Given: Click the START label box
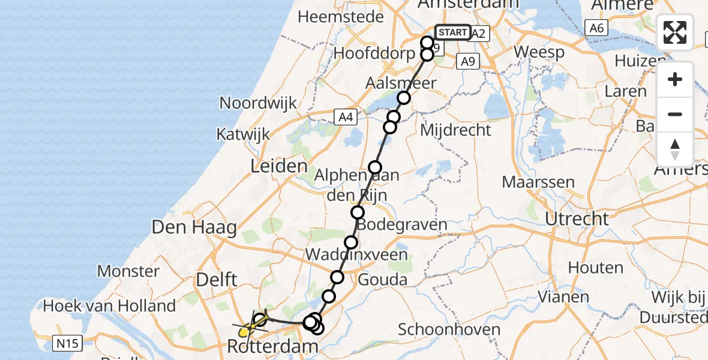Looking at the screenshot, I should (x=453, y=32).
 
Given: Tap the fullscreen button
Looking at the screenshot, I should (x=675, y=32).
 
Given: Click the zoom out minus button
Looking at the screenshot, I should (x=675, y=114).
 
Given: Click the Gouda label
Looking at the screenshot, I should (x=382, y=280).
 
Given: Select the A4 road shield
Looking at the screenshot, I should (x=346, y=118).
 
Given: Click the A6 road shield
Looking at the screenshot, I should (x=595, y=27).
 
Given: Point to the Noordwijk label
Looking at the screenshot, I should (x=259, y=103).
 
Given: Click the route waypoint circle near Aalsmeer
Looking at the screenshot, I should (x=404, y=98).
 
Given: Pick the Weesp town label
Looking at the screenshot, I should (x=539, y=52).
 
